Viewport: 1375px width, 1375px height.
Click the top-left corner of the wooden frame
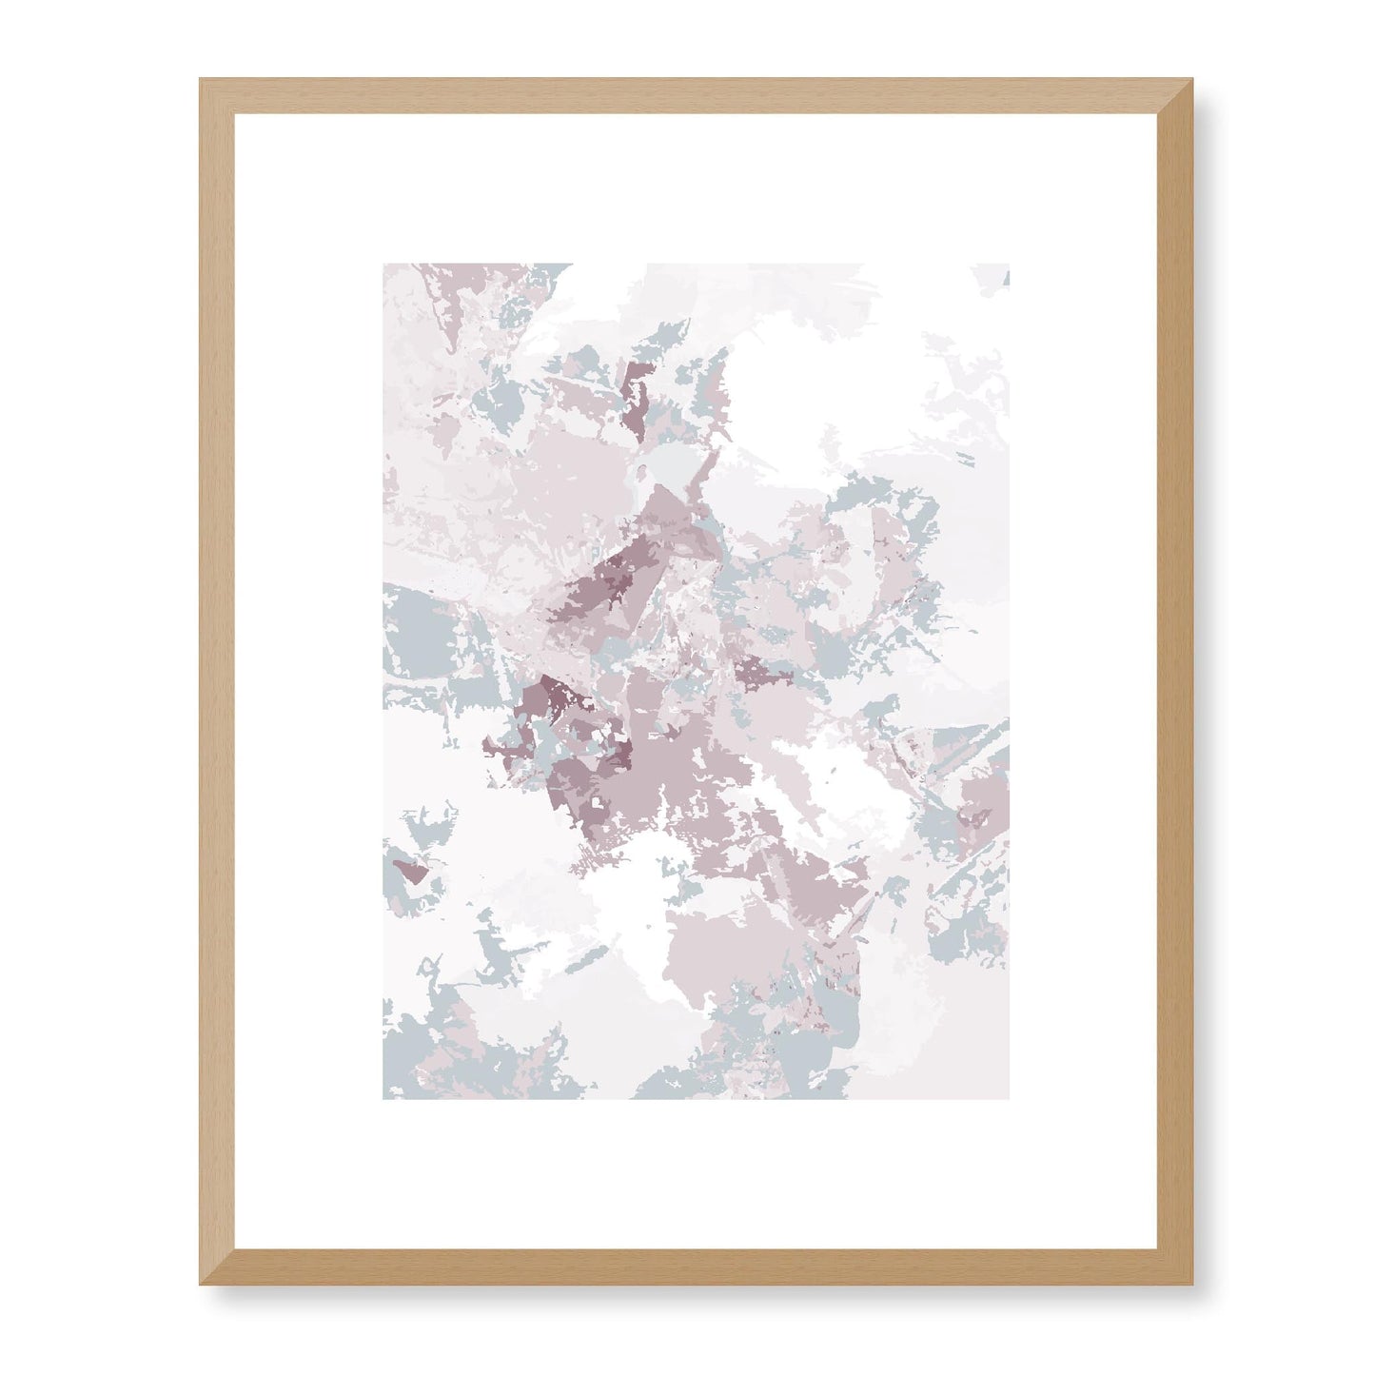point(203,82)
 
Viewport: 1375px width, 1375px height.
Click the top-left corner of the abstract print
point(384,265)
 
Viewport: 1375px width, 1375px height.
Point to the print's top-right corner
point(1008,265)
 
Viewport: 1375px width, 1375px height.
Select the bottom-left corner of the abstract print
point(384,1098)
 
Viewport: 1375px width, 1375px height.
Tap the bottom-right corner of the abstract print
point(1008,1098)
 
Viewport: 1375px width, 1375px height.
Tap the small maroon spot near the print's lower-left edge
point(411,870)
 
